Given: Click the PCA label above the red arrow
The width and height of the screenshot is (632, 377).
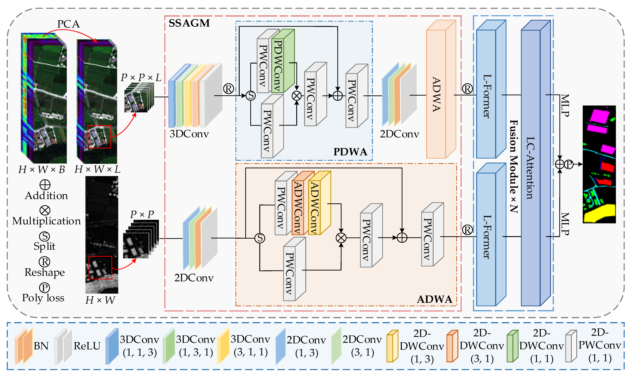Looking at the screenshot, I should (68, 24).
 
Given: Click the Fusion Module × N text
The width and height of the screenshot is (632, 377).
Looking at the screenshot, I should (514, 166).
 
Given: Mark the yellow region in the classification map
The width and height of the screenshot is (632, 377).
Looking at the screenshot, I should (599, 215).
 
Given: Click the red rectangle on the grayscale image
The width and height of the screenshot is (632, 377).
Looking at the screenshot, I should (100, 267).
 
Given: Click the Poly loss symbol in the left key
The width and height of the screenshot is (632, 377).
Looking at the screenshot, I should (44, 288).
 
